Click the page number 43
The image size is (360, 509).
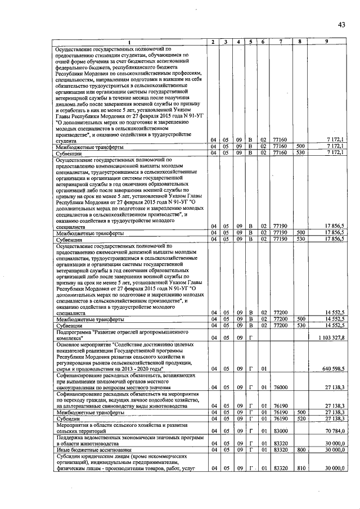341,24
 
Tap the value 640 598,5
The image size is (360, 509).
335,368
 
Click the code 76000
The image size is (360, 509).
278,388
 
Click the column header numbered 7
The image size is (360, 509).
279,42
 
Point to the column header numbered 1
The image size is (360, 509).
128,42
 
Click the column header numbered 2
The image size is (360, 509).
212,42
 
